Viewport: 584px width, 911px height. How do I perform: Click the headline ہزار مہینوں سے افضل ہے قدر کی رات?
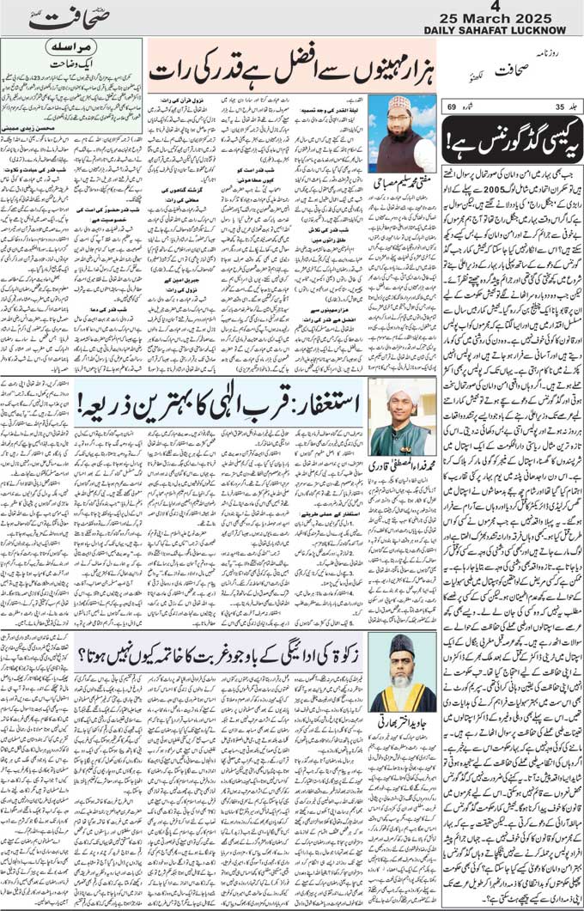(292, 77)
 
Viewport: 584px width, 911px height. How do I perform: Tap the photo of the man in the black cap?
(403, 671)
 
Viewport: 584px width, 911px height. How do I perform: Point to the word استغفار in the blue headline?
(328, 401)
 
